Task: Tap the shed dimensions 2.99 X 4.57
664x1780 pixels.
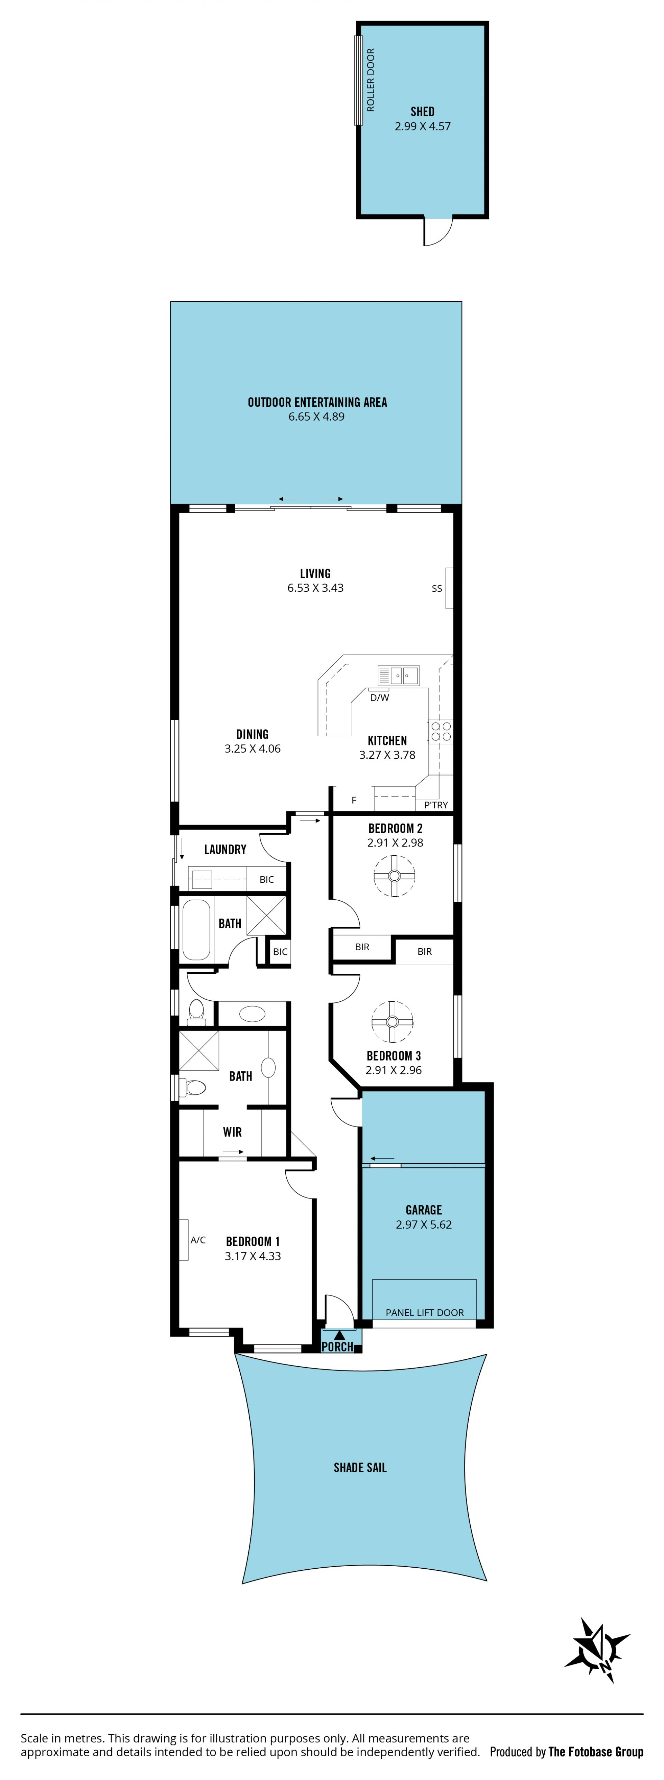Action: (x=423, y=127)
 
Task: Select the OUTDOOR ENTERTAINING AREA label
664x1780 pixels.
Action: (x=317, y=402)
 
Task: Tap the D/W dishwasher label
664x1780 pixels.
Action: (x=379, y=698)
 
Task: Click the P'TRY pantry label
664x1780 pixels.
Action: (x=436, y=805)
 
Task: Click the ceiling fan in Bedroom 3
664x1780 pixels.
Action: (x=393, y=1021)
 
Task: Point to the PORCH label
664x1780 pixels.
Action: (x=337, y=1347)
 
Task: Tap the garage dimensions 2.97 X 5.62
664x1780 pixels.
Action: (x=424, y=1224)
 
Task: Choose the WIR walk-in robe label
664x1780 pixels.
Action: (x=232, y=1132)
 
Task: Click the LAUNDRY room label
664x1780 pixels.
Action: (x=225, y=849)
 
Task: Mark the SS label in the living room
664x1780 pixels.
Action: (x=437, y=589)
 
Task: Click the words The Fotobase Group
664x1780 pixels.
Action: (x=596, y=1752)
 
